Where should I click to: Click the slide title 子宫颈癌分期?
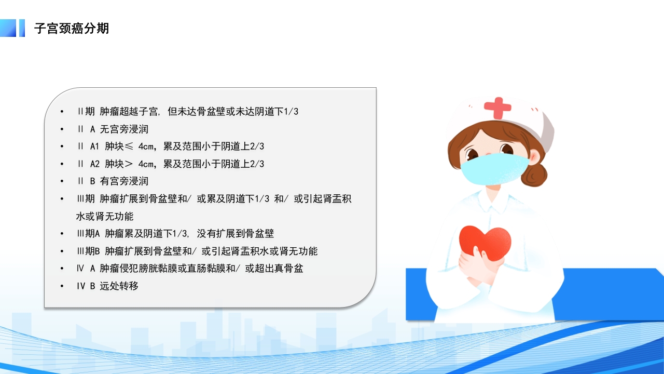[x=72, y=28]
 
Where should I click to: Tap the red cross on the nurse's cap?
[x=497, y=108]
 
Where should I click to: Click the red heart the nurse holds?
[x=485, y=242]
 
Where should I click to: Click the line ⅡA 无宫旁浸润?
[x=112, y=129]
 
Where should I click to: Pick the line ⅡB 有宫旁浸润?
[x=112, y=181]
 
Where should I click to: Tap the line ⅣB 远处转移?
[x=107, y=286]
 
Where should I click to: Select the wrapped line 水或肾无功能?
[x=104, y=216]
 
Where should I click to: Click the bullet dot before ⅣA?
[x=62, y=269]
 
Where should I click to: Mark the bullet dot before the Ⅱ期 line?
[x=62, y=112]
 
